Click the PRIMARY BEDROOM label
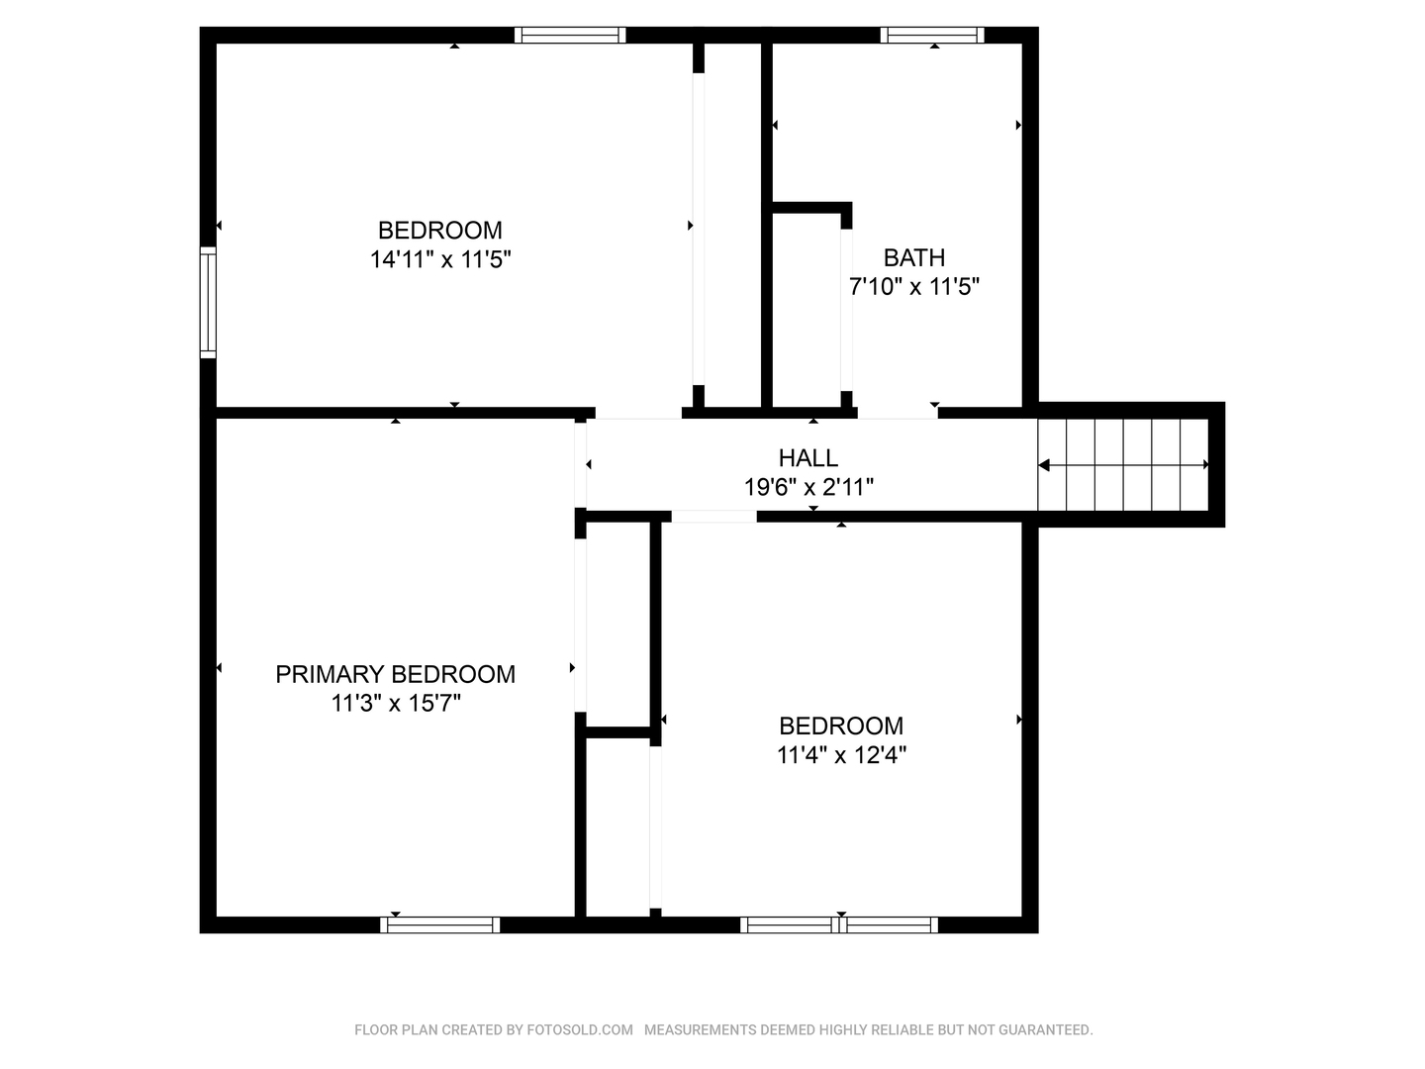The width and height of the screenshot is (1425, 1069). point(396,674)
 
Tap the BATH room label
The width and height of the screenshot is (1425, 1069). point(914,257)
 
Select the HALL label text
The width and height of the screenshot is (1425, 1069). point(808,458)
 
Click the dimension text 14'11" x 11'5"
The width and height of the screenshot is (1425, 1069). point(440,259)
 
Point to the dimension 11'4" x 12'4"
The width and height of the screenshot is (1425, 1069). point(841,755)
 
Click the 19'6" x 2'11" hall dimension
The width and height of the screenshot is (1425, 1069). point(808,487)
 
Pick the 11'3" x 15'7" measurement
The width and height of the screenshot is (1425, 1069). point(396,703)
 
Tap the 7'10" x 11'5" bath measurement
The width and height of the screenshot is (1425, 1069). point(914,286)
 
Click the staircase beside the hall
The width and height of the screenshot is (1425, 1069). point(1123,465)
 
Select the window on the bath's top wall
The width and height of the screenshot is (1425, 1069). point(932,35)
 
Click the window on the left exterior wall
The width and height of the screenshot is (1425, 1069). point(208,303)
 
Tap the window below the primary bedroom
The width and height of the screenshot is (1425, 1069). point(440,924)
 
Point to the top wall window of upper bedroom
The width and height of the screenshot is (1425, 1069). point(570,35)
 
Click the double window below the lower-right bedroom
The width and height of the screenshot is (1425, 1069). point(839,924)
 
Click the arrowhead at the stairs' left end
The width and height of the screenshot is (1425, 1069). point(1043,465)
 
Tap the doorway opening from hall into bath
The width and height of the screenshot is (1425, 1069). point(898,413)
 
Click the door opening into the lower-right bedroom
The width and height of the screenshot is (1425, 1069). point(714,517)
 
